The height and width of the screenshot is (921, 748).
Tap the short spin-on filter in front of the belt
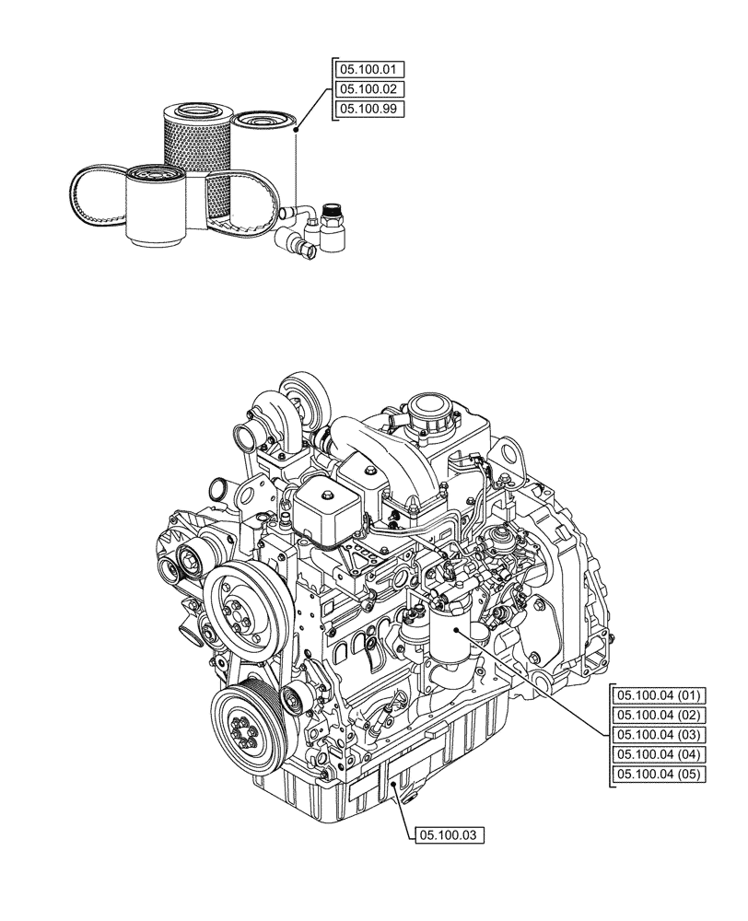click(x=156, y=207)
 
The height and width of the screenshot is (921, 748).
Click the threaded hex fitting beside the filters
click(x=332, y=224)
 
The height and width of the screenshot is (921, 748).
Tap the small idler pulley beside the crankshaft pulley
click(x=294, y=699)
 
